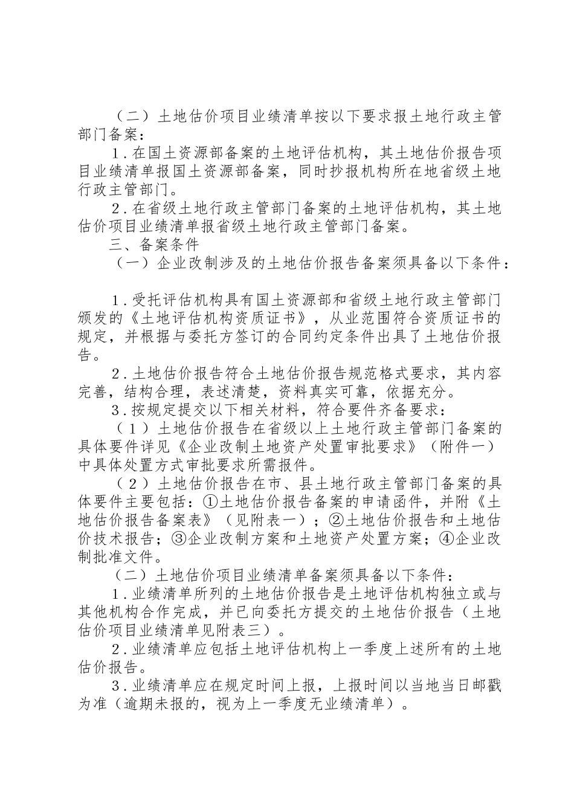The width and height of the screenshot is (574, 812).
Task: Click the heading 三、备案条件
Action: tap(153, 245)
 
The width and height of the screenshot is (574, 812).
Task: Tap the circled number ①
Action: tap(210, 502)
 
